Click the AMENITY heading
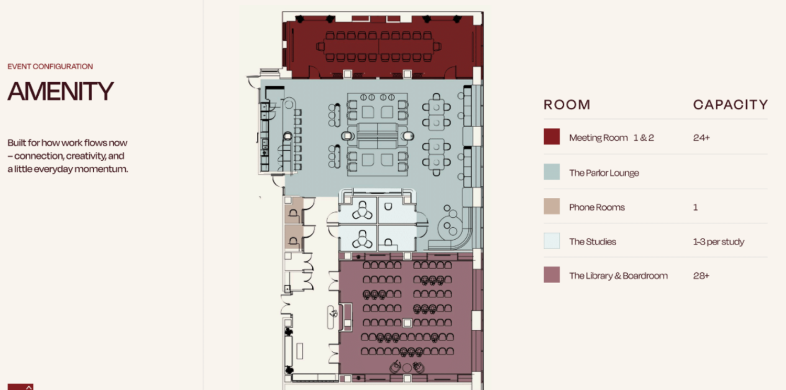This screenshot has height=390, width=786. pos(61,91)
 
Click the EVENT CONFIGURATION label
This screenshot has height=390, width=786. pos(50,66)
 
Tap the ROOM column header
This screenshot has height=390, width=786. pos(567,105)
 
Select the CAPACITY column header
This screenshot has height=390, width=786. pos(730,105)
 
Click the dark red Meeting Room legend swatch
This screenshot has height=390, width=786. pos(552,137)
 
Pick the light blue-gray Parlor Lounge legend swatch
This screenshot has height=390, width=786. pos(552,172)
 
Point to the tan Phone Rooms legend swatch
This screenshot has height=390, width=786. pos(552,206)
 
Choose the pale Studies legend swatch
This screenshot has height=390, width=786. pos(552,241)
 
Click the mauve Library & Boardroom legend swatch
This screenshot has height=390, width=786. pos(552,275)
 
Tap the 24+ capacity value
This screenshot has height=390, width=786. pos(702,138)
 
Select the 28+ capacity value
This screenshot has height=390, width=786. pos(701,276)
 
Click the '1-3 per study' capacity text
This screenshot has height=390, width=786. pos(718,242)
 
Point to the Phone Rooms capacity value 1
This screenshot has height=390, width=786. pos(695,207)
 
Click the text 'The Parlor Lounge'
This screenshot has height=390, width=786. pos(604,173)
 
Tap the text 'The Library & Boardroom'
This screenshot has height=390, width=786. pos(618,276)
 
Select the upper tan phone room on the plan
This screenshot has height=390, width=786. pos(293,210)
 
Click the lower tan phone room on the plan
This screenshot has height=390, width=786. pos(293,237)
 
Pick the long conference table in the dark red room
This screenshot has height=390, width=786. pos(379,46)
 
